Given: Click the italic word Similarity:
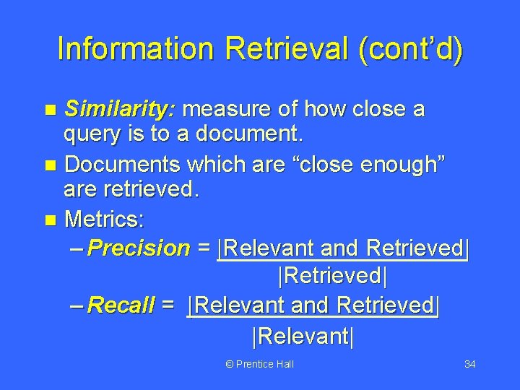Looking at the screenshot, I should point(120,110).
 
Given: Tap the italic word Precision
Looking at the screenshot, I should point(138,248).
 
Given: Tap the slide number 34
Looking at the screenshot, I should point(469,364).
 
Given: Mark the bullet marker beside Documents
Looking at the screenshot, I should point(50,165).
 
